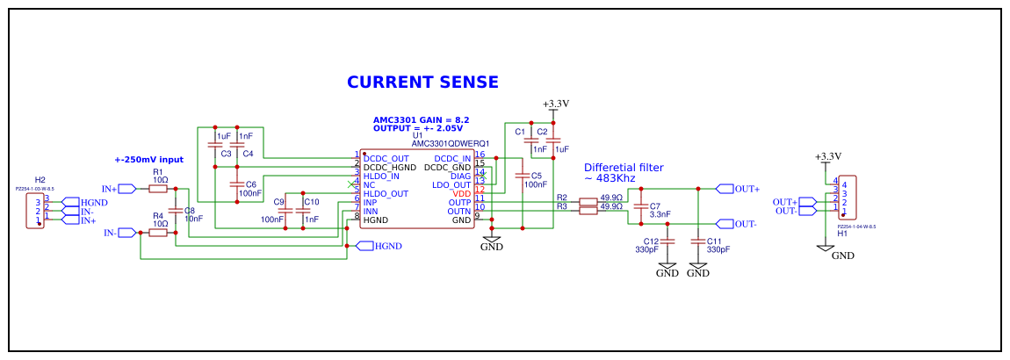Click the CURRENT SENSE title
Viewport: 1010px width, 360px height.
422,82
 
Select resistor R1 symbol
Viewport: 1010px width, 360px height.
160,188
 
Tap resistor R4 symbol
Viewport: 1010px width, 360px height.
160,233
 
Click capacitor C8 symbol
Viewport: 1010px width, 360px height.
176,211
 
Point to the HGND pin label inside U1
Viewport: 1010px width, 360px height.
376,220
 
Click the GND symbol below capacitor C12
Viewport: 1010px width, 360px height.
667,267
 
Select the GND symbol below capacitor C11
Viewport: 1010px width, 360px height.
698,267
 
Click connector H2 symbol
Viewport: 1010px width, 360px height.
36,211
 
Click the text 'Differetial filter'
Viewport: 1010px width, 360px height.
624,167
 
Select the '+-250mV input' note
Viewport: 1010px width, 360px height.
149,160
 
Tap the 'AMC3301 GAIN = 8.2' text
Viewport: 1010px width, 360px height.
422,119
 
